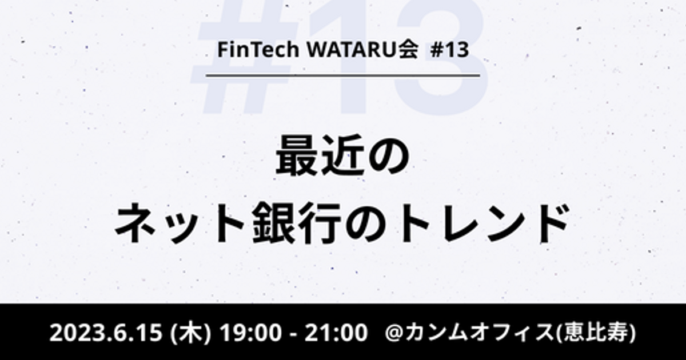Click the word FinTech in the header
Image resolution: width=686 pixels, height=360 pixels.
(258, 49)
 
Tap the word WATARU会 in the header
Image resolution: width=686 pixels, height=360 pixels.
(362, 49)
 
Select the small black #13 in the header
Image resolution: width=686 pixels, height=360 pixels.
(449, 50)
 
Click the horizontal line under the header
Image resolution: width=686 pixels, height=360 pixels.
(342, 75)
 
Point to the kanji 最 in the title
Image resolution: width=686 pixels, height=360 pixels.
(297, 155)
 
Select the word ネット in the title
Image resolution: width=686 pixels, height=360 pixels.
(180, 223)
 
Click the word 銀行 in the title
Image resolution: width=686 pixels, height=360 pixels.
(297, 223)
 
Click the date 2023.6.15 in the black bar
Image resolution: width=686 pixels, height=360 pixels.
(106, 333)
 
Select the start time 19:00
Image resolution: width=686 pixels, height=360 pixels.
(251, 333)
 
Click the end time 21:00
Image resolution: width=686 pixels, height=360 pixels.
(336, 333)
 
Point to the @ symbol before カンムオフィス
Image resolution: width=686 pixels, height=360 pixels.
(394, 333)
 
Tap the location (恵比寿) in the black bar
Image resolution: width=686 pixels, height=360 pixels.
(595, 333)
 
